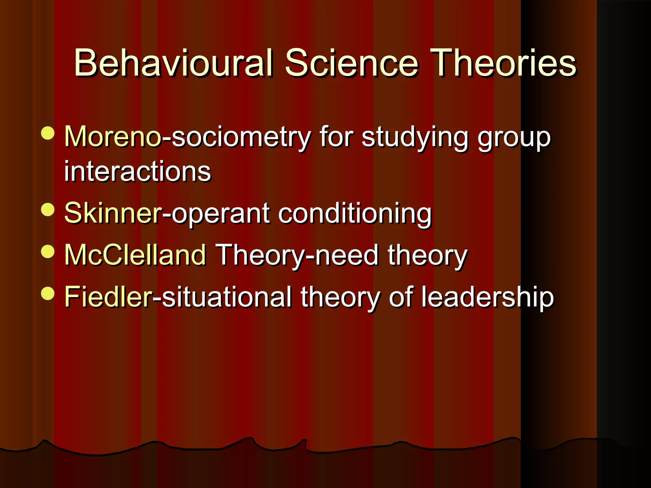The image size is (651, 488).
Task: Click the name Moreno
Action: (113, 137)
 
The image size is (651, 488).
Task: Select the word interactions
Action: (137, 172)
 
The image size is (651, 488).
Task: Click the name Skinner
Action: (113, 213)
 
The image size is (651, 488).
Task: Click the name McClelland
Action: (135, 255)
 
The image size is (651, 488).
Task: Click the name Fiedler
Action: (108, 297)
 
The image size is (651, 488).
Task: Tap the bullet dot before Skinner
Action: (48, 209)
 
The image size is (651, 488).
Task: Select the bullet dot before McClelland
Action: (48, 251)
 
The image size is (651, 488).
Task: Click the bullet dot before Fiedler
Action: (48, 293)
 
